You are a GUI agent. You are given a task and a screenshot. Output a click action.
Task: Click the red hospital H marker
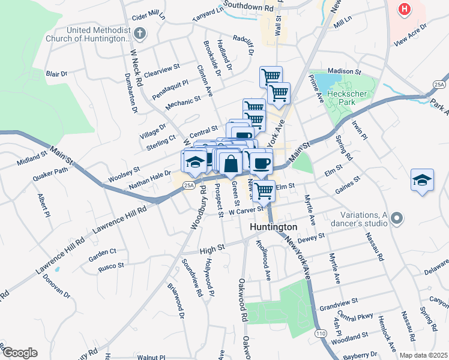coord(405,10)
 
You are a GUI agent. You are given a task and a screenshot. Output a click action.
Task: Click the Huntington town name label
coord(273,227)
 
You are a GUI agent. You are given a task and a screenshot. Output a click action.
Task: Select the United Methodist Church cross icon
coord(140,34)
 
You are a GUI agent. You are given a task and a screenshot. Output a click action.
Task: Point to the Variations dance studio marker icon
coord(396,220)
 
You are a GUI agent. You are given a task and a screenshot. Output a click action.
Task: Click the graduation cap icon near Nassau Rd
coord(422,180)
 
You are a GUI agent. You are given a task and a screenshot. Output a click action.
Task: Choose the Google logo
coord(19,353)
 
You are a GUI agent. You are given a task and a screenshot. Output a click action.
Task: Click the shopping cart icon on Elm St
coord(264,191)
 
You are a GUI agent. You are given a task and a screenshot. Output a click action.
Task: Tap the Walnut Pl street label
coord(151,357)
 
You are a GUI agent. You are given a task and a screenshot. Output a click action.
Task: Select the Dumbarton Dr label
coord(130,93)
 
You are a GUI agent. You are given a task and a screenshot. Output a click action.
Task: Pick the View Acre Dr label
coord(410,35)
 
